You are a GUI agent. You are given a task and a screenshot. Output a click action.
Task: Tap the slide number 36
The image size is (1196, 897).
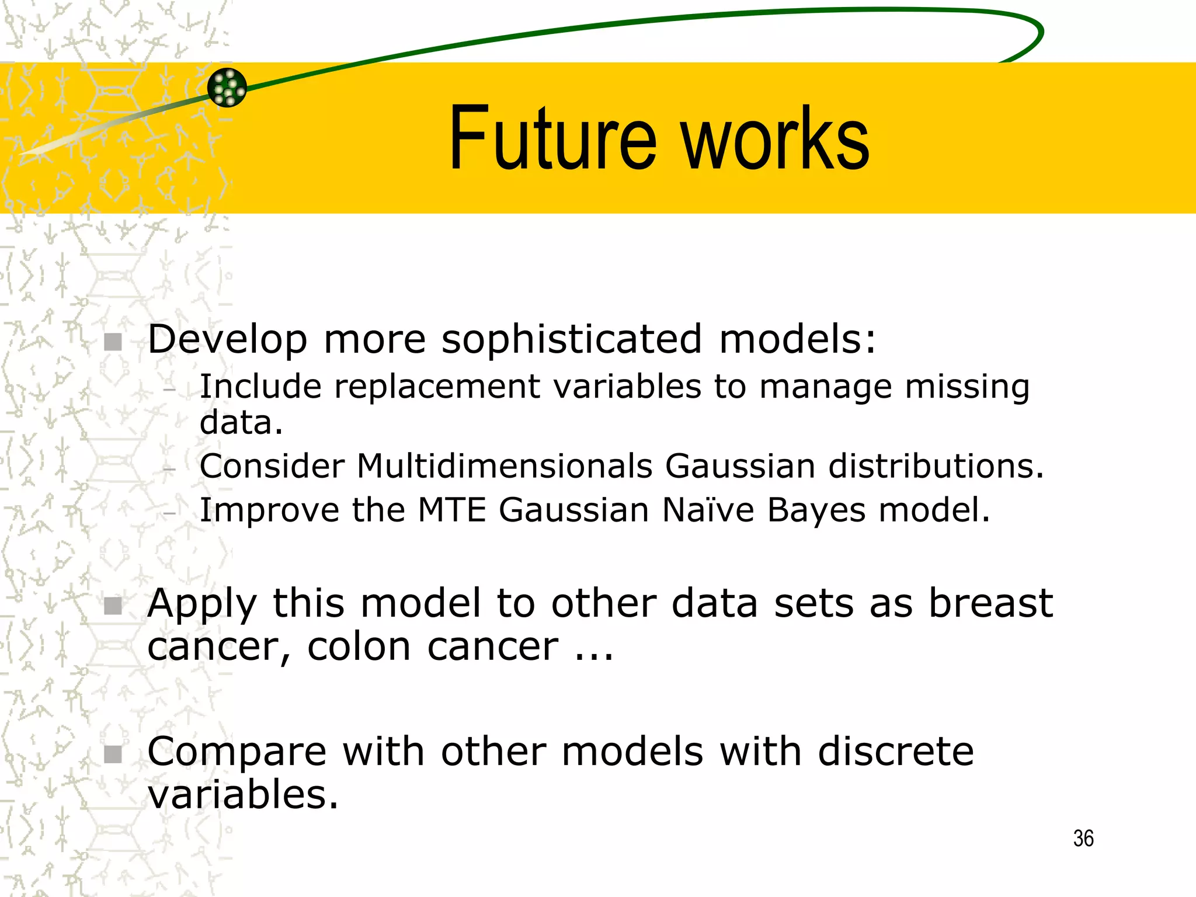pos(1083,839)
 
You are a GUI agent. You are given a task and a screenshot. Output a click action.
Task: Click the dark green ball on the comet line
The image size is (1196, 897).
pos(227,88)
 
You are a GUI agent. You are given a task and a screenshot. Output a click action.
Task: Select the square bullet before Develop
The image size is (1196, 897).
pos(113,342)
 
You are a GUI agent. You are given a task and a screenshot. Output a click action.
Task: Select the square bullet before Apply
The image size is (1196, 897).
pos(113,606)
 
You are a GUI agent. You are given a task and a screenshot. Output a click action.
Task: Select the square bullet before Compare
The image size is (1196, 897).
pos(113,754)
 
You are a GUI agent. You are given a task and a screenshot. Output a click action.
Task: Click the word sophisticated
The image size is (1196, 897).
pos(571,340)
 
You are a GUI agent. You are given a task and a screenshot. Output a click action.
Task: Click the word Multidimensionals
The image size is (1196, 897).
pos(505,466)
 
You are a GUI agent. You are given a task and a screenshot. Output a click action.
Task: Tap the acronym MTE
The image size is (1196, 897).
pos(452,510)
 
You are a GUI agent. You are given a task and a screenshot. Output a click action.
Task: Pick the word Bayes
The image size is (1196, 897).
pos(816,511)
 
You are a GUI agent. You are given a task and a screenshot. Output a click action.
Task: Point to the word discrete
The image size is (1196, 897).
pos(895,752)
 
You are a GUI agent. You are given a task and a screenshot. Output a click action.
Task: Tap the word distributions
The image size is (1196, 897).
pos(936,466)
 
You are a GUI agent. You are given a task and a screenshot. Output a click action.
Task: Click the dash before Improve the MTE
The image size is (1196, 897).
pos(170,513)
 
